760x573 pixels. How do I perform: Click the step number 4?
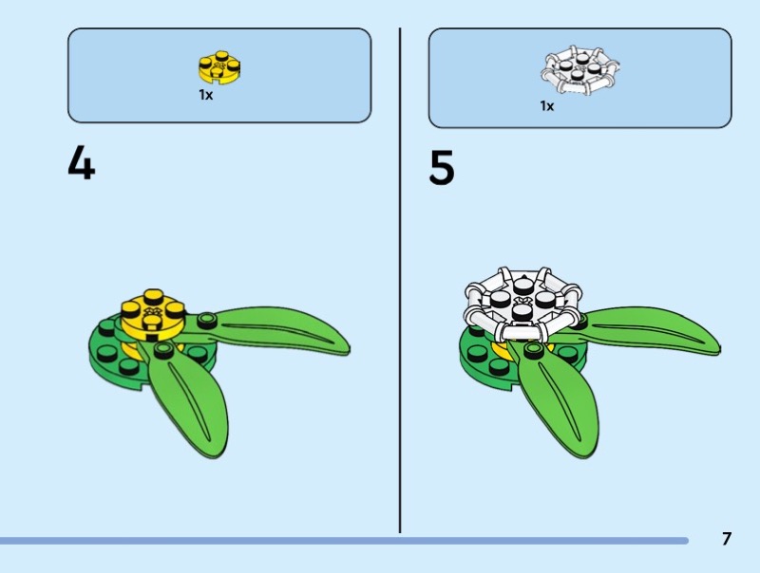click(x=81, y=165)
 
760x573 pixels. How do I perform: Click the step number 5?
click(x=442, y=168)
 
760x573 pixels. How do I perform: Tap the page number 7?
click(x=727, y=539)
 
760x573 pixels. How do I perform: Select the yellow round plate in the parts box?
click(x=220, y=66)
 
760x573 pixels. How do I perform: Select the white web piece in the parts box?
click(x=579, y=72)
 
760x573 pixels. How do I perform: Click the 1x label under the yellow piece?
click(x=205, y=95)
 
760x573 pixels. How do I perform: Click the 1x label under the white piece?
click(x=547, y=106)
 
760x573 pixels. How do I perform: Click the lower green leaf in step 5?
click(x=556, y=403)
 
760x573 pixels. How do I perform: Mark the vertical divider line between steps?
click(x=399, y=285)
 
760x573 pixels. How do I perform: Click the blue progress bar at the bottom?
click(x=342, y=541)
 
